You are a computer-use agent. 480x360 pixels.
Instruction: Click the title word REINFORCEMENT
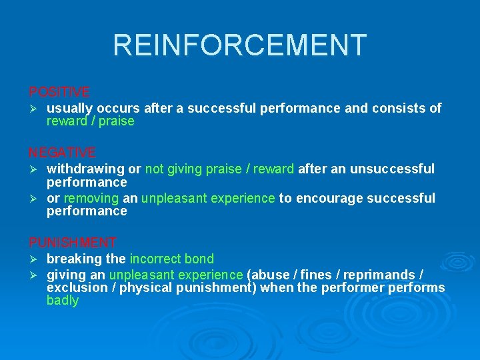(x=239, y=45)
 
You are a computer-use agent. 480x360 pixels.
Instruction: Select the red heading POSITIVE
(x=59, y=91)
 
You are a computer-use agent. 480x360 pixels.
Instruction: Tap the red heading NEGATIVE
(x=62, y=153)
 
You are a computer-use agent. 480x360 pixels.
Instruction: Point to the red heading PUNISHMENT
(x=73, y=243)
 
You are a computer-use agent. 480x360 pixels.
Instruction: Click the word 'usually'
(x=69, y=108)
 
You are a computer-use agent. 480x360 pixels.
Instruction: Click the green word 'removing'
(x=91, y=199)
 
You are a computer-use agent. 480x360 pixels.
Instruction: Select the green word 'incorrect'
(x=155, y=259)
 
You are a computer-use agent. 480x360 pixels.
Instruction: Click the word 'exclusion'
(x=73, y=288)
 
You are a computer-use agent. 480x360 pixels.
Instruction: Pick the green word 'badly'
(x=63, y=301)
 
